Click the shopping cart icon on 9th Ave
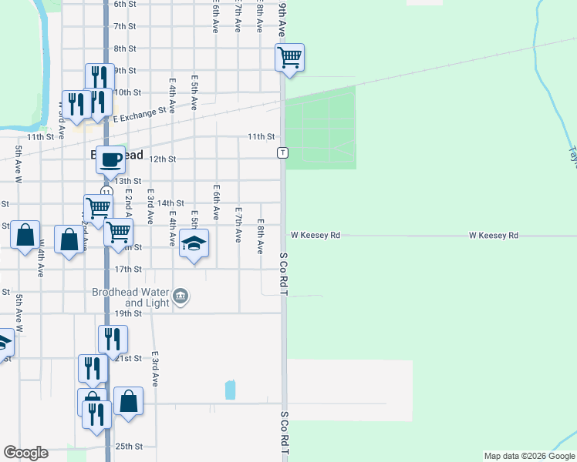coord(289,57)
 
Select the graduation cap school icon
coord(194,243)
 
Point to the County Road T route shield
coord(283,152)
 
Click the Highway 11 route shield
coord(106,191)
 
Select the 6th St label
coord(124,4)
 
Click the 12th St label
coord(163,159)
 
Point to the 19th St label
coord(128,313)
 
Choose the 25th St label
coord(129,446)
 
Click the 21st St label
coord(129,358)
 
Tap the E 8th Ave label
coord(261,236)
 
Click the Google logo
coord(25,453)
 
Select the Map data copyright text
coord(529,456)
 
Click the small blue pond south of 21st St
coord(230,390)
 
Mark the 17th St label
coord(128,269)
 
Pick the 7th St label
coord(124,26)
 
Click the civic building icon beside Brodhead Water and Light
coord(181,295)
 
